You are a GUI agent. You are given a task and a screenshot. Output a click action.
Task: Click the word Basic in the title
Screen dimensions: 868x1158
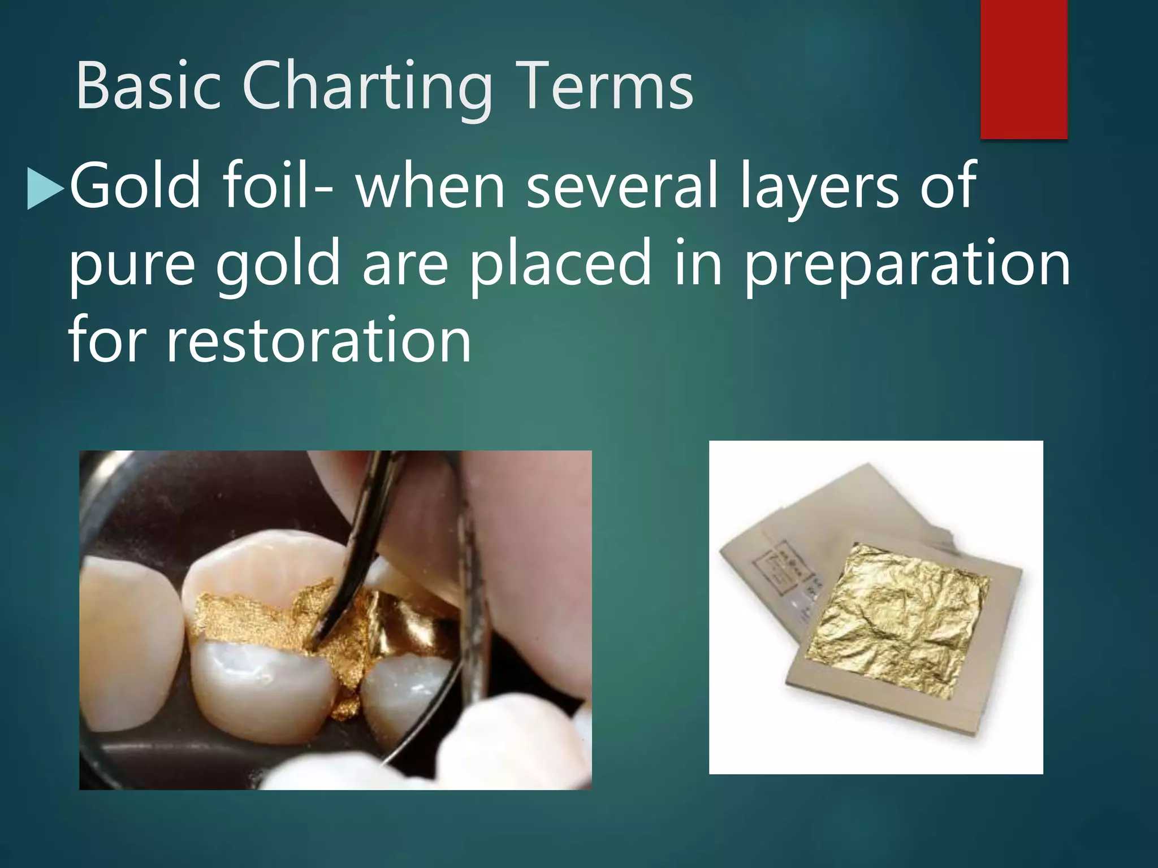(x=148, y=86)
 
